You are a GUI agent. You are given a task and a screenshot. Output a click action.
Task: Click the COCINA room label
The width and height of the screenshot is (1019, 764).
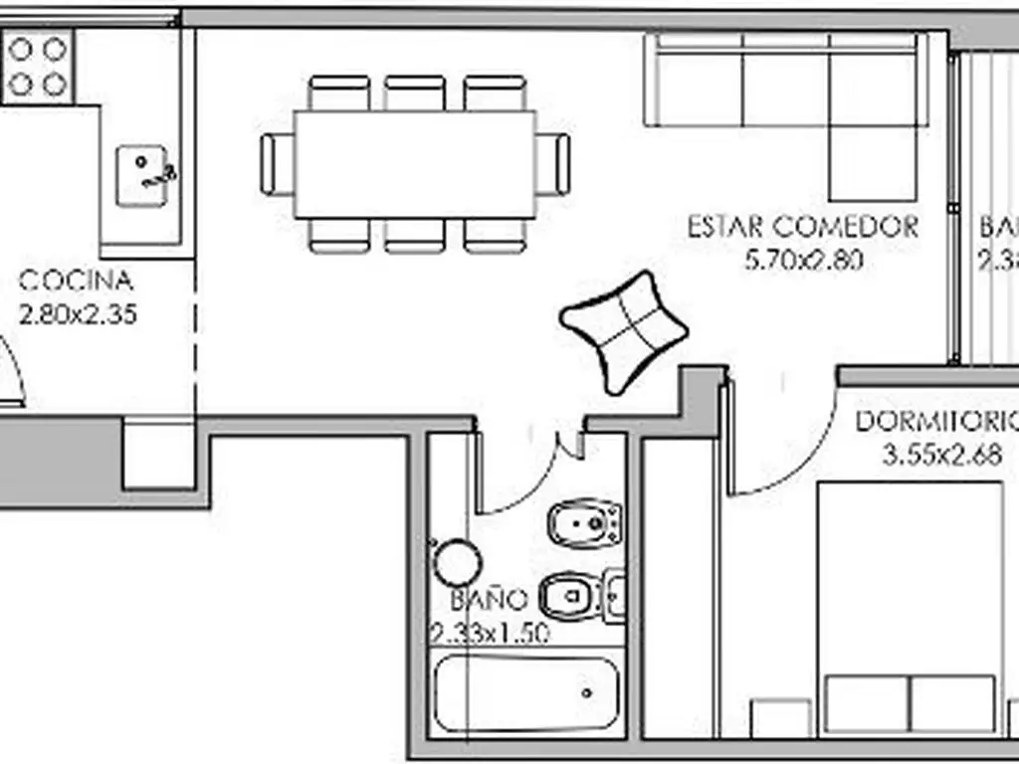pyautogui.click(x=76, y=281)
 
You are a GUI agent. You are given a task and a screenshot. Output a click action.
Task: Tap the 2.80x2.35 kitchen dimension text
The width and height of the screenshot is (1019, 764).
pyautogui.click(x=78, y=315)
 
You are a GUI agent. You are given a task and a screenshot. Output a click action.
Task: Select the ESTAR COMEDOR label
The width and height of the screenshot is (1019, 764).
pyautogui.click(x=803, y=227)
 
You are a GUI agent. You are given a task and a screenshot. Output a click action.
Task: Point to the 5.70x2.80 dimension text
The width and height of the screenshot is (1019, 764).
pyautogui.click(x=803, y=261)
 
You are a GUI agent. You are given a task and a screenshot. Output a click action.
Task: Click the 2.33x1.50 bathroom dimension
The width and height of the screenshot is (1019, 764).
pyautogui.click(x=490, y=633)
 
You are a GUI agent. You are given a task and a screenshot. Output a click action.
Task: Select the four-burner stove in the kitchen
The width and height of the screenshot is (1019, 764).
pyautogui.click(x=39, y=66)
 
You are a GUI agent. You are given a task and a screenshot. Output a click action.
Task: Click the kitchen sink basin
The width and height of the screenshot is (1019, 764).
pyautogui.click(x=140, y=176)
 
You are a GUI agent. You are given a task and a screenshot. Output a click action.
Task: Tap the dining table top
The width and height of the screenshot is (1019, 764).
pyautogui.click(x=414, y=164)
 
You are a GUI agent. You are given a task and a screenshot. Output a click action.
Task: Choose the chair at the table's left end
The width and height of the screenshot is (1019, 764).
pyautogui.click(x=277, y=164)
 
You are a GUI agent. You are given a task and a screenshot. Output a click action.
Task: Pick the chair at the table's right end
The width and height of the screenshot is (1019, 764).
pyautogui.click(x=553, y=164)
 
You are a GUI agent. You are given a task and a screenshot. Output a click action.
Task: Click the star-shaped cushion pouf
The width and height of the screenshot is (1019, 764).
pyautogui.click(x=623, y=328)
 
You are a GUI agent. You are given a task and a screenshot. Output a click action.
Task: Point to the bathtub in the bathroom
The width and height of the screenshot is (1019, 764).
pyautogui.click(x=528, y=692)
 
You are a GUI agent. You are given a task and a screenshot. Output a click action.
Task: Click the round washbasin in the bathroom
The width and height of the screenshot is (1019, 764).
pyautogui.click(x=458, y=563)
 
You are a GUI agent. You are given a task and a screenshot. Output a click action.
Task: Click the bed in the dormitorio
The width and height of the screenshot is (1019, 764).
pyautogui.click(x=909, y=607)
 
